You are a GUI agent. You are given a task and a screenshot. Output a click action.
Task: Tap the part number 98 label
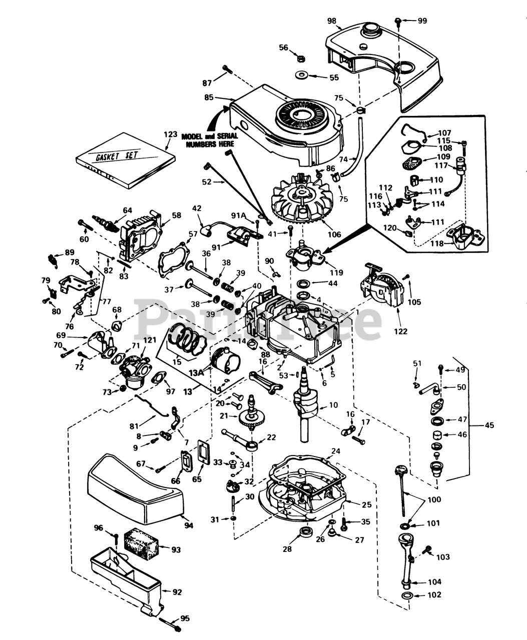(332, 21)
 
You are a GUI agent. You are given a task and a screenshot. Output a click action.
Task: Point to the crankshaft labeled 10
(302, 407)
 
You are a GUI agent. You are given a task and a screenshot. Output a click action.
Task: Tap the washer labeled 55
(302, 76)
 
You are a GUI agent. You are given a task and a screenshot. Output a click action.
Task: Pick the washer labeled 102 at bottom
(407, 595)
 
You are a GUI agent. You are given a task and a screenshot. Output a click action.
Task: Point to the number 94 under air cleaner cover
(188, 525)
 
